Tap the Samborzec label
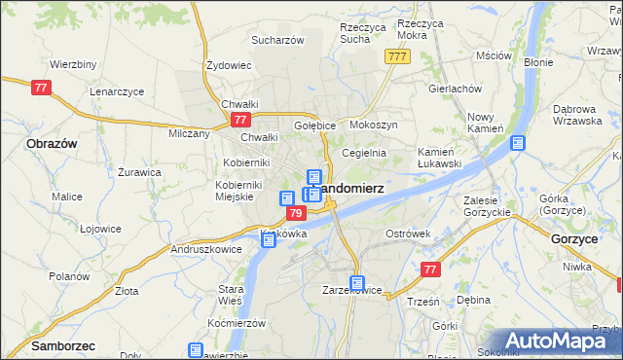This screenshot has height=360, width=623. click(x=40, y=345)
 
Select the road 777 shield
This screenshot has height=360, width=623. click(x=396, y=57)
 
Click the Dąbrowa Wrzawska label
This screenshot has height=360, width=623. click(x=579, y=115)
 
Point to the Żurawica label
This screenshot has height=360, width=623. click(x=139, y=172)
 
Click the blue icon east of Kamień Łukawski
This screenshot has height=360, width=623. click(x=517, y=143)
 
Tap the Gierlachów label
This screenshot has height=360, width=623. click(x=456, y=88)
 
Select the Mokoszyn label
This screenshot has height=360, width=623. click(x=373, y=126)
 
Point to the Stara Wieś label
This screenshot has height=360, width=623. click(x=230, y=295)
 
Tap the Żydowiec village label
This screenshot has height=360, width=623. click(x=230, y=65)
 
